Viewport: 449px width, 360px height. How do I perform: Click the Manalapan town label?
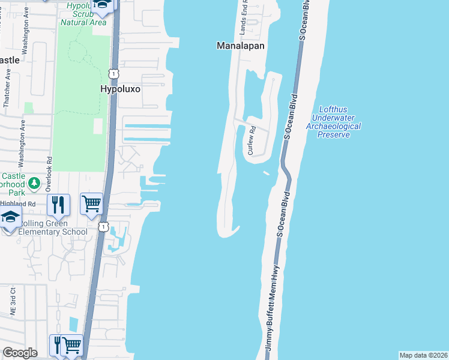point(241,46)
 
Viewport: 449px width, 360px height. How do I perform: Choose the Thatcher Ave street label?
point(7,88)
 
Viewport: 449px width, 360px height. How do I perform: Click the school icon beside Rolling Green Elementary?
point(10,217)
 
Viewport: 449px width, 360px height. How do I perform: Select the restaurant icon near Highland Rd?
point(58,205)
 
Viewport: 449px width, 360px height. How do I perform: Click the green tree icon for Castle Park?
point(35,182)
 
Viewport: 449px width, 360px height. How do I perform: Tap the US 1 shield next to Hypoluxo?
point(113,73)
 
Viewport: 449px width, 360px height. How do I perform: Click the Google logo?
point(20,353)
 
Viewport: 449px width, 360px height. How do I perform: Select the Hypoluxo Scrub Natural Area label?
point(83,14)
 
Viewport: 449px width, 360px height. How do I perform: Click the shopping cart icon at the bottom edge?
point(72,345)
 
